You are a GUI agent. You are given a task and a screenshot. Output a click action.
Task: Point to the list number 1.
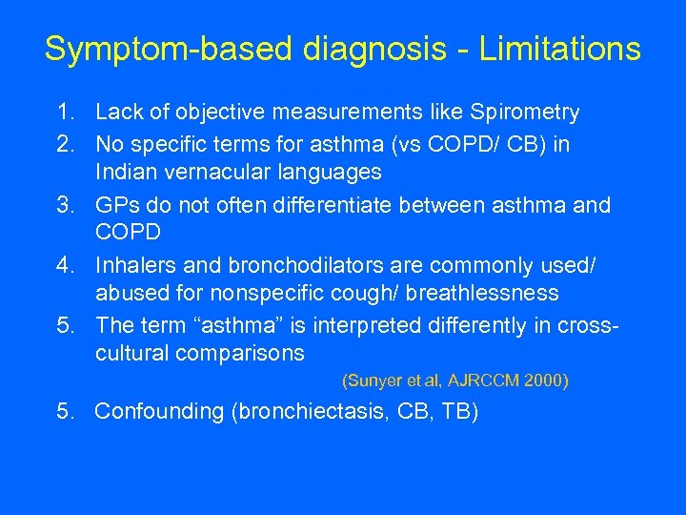coord(63,113)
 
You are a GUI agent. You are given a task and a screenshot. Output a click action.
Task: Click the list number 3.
coord(63,204)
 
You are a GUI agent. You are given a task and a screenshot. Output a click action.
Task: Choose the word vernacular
coord(224,173)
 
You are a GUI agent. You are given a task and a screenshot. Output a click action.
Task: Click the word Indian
coord(126,173)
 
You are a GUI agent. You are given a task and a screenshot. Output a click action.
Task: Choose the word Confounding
coord(159,412)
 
